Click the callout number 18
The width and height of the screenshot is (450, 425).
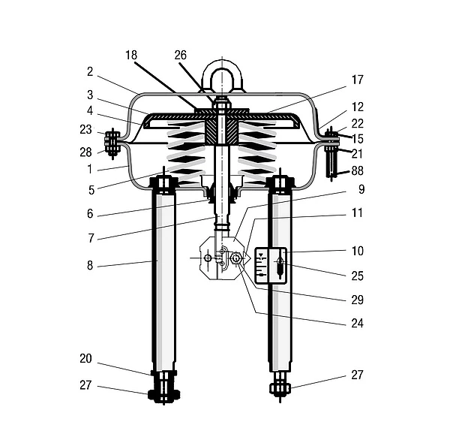click(131, 55)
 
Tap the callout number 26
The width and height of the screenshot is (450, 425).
click(181, 55)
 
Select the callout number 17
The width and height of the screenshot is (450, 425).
click(358, 80)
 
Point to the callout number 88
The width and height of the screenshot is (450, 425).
click(358, 170)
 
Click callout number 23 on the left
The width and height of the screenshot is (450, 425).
click(85, 130)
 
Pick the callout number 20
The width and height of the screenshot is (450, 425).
click(85, 358)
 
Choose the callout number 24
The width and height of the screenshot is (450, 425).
click(358, 324)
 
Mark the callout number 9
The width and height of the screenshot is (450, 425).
click(361, 189)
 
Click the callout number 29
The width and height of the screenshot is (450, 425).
click(358, 300)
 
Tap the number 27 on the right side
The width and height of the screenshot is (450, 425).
click(358, 375)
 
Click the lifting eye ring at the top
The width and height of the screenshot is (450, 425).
click(223, 77)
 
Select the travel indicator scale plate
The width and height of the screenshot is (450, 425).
click(270, 266)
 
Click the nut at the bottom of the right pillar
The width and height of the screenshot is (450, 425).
click(280, 389)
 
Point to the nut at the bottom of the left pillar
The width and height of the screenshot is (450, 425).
click(163, 394)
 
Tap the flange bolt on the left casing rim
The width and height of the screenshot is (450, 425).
click(112, 143)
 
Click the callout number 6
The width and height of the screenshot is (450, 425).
click(90, 214)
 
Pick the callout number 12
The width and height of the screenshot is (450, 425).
click(358, 107)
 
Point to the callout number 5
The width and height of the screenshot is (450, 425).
click(91, 190)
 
